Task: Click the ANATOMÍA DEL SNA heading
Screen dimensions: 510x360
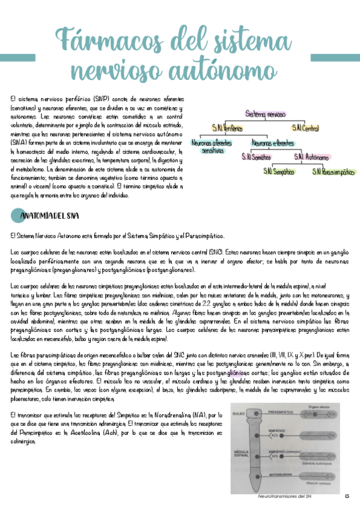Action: [47, 215]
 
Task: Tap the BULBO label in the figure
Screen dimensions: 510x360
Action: [237, 414]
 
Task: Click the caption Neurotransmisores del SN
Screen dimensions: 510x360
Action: [283, 496]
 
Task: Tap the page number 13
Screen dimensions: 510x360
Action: [347, 496]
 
